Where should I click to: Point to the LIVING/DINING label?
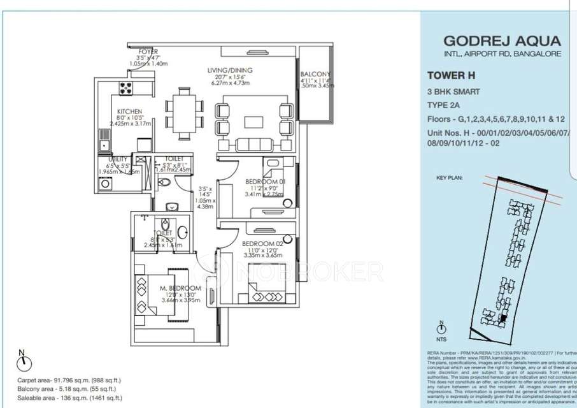[229, 70]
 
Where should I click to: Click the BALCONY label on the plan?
[315, 75]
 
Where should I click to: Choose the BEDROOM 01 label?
[265, 182]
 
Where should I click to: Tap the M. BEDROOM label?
[180, 289]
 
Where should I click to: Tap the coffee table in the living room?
[251, 121]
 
